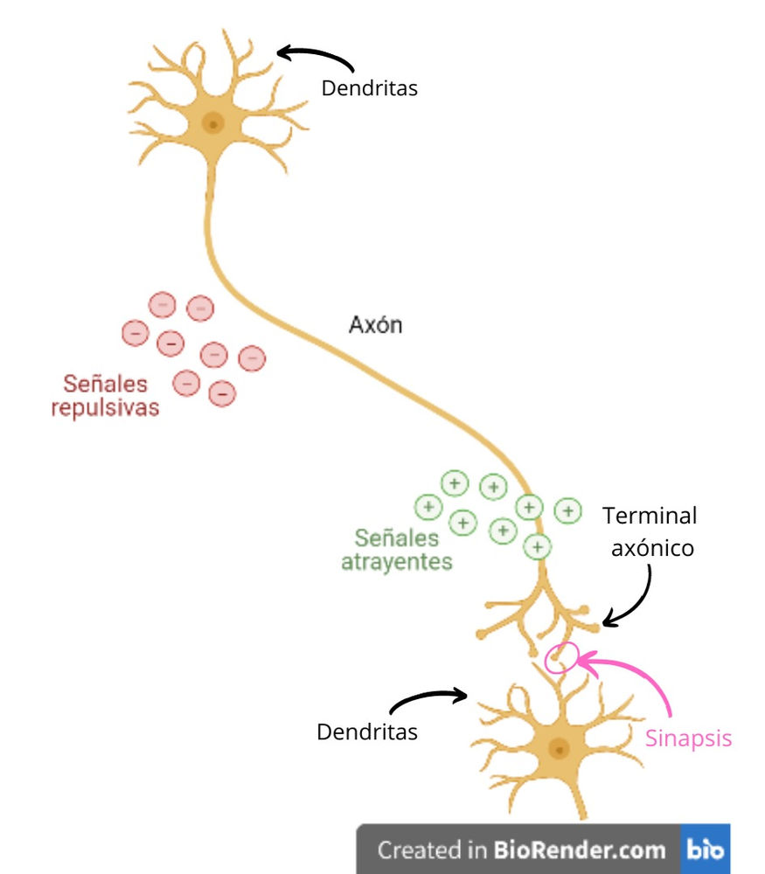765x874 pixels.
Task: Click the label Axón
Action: point(375,325)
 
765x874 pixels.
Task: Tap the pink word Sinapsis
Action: point(688,739)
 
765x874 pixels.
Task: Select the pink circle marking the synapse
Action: point(560,657)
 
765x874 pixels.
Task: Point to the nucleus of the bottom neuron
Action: point(558,748)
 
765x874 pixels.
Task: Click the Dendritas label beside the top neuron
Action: point(369,88)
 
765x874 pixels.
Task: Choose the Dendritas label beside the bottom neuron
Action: point(366,732)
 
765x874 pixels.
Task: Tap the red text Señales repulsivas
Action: point(105,395)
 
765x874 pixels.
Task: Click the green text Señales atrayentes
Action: point(396,549)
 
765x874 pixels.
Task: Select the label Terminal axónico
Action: point(650,531)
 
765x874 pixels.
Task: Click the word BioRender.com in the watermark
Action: point(580,849)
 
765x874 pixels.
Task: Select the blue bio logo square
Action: point(705,849)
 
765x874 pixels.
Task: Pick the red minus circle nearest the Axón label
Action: point(252,357)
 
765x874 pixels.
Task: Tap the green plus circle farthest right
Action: point(568,510)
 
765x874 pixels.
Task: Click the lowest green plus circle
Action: point(538,547)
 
